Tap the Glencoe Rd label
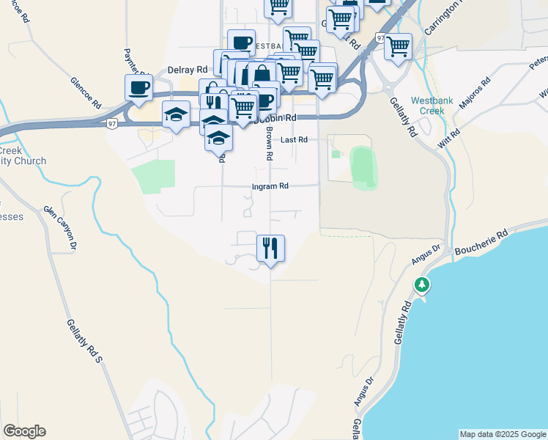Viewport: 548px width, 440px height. coord(86,93)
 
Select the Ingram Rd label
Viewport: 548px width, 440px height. coord(271,186)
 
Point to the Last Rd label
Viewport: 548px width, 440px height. coord(293,139)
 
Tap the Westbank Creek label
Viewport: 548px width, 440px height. coord(427,106)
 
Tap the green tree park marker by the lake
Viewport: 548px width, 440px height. coord(422,285)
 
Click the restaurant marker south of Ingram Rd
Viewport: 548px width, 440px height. coord(270,249)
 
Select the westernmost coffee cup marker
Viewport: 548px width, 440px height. coord(138,88)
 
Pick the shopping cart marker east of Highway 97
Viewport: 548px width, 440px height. coord(398,47)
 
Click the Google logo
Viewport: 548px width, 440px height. coord(24,431)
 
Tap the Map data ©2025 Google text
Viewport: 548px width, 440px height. coord(502,434)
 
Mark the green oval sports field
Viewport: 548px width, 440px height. coord(363,167)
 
